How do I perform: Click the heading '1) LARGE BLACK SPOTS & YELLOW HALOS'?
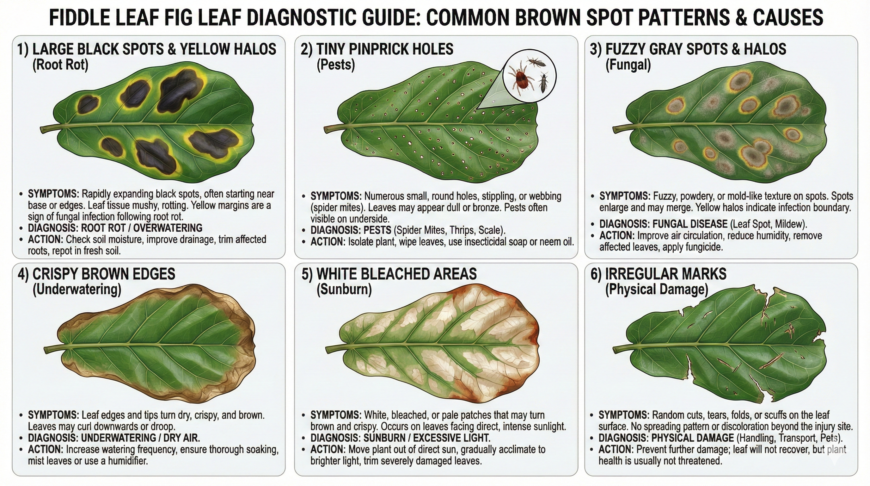pyautogui.click(x=147, y=49)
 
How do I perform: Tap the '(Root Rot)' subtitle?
pyautogui.click(x=60, y=65)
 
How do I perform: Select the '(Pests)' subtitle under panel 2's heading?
pyautogui.click(x=335, y=65)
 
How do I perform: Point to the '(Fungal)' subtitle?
pyautogui.click(x=628, y=65)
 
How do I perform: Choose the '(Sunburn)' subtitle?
pyautogui.click(x=344, y=289)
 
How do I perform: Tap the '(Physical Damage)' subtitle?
pyautogui.click(x=656, y=289)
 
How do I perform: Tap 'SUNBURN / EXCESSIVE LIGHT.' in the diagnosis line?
pyautogui.click(x=426, y=438)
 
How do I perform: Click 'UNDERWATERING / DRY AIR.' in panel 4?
pyautogui.click(x=140, y=438)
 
